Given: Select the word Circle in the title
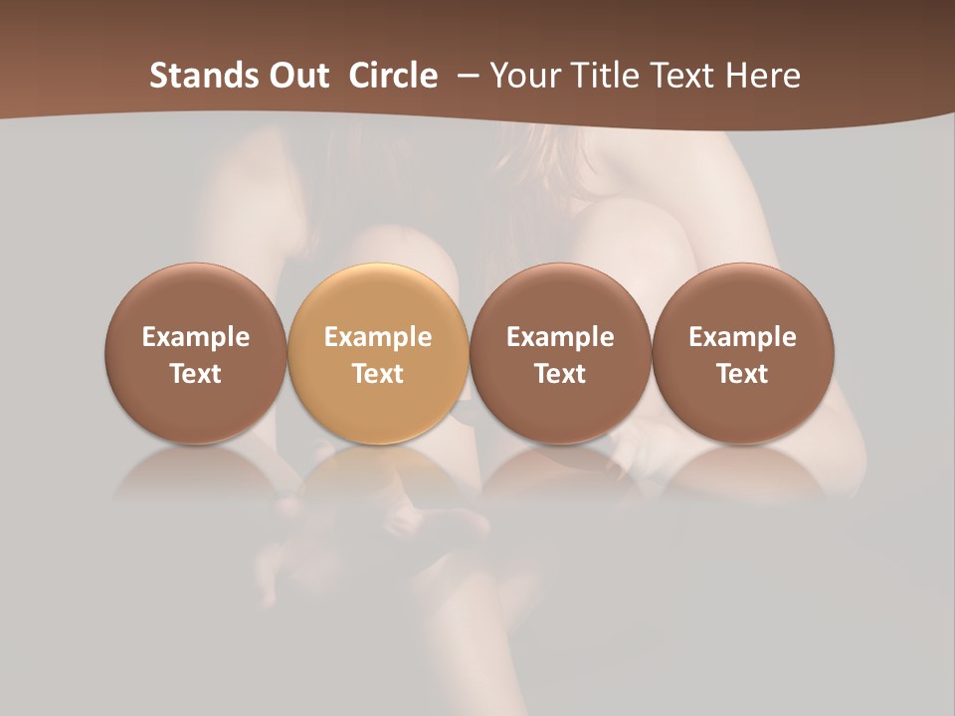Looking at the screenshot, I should [x=393, y=76].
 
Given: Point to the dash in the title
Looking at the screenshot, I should [x=464, y=76].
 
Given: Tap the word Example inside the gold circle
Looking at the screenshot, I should [x=378, y=337].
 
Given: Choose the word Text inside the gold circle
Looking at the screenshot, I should [x=378, y=374].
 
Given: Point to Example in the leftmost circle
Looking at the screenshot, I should [x=195, y=337].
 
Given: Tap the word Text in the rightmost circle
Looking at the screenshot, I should [x=742, y=374].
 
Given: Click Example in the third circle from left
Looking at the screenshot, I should [x=560, y=337].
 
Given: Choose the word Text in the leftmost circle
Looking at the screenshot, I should [x=195, y=374].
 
